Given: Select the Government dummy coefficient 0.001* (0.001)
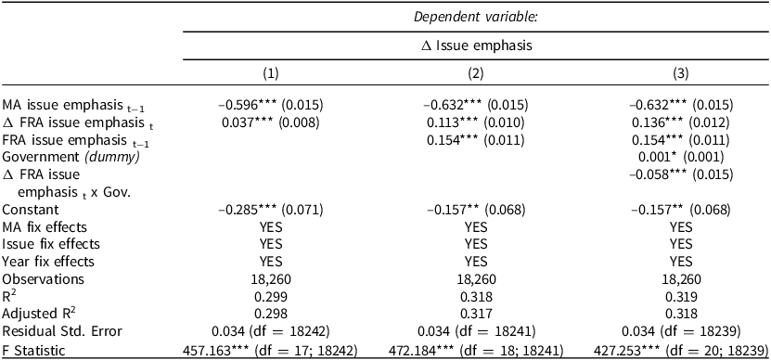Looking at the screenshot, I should click(x=680, y=157).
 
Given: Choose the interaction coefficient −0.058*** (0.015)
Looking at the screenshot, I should click(x=680, y=174).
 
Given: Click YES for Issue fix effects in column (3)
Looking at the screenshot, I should click(x=680, y=244).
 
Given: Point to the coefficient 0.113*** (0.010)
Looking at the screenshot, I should click(x=475, y=122).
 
